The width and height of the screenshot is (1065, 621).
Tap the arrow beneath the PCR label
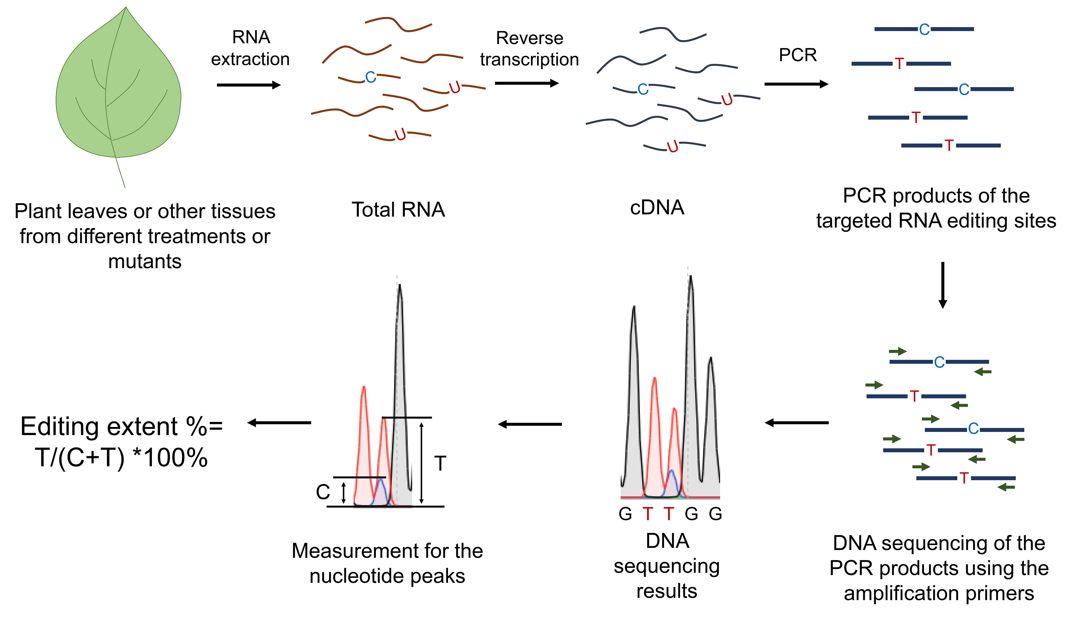pyautogui.click(x=797, y=84)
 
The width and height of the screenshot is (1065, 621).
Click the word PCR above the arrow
pyautogui.click(x=798, y=55)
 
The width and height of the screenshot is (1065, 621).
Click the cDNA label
pyautogui.click(x=657, y=208)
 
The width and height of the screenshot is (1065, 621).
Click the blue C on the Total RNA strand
pyautogui.click(x=371, y=77)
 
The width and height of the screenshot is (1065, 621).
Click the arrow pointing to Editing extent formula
pyautogui.click(x=279, y=423)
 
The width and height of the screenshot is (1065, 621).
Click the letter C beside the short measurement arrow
pyautogui.click(x=323, y=492)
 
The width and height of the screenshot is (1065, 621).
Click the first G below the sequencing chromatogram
pyautogui.click(x=626, y=514)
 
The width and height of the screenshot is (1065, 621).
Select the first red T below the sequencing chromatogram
pyautogui.click(x=648, y=514)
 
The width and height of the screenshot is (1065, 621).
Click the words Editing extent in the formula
pyautogui.click(x=99, y=427)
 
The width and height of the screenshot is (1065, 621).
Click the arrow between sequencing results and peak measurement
pyautogui.click(x=530, y=424)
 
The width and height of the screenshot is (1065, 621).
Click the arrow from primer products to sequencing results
pyautogui.click(x=797, y=423)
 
